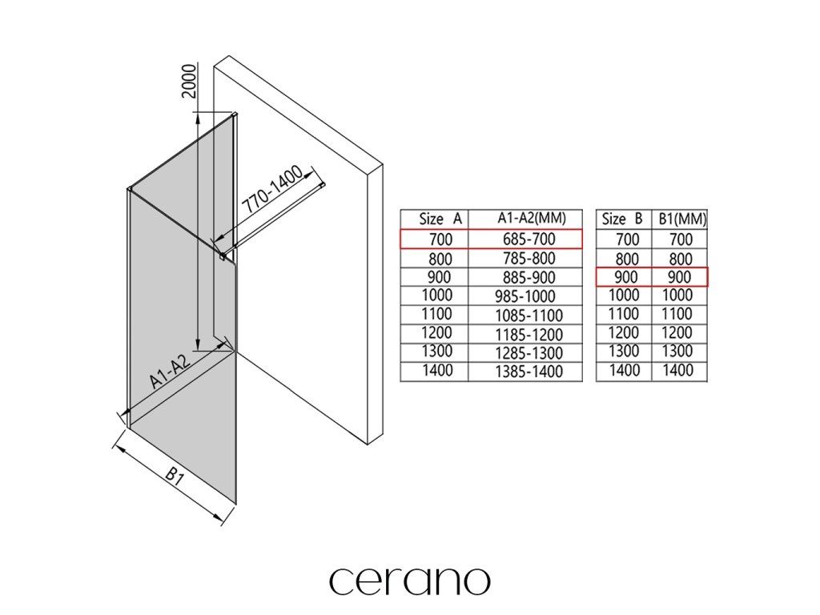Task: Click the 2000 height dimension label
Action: [x=188, y=81]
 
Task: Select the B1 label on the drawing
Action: [x=175, y=476]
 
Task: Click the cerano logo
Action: [x=409, y=581]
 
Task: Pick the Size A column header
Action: [x=441, y=219]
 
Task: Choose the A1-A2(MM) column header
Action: [x=532, y=218]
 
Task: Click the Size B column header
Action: [x=621, y=219]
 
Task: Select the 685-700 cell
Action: [x=529, y=239]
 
